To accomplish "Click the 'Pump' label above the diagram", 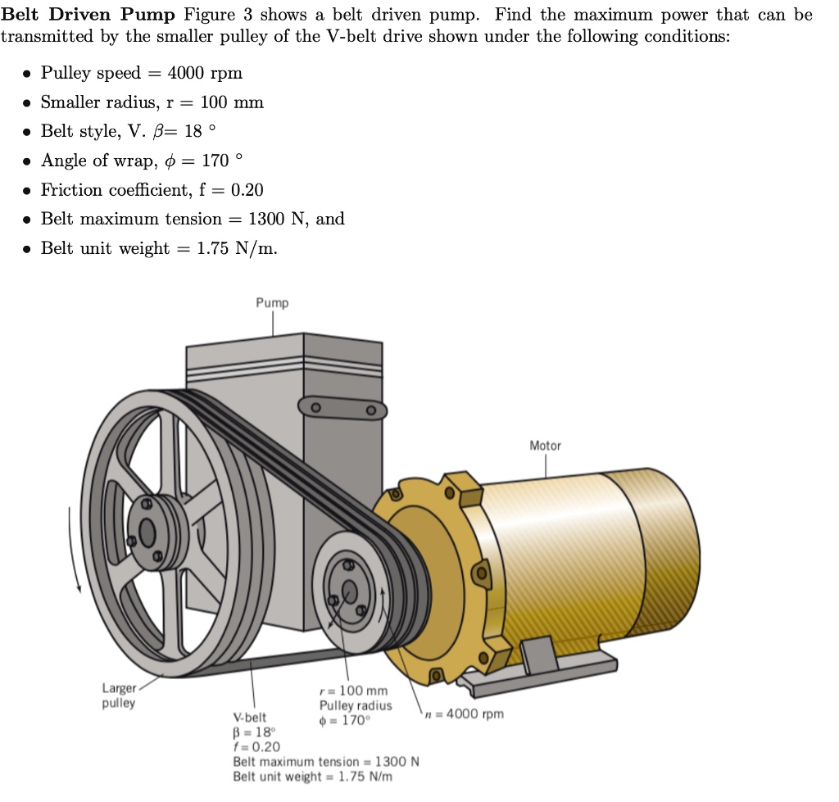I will click(272, 303).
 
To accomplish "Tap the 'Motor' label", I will click(545, 446).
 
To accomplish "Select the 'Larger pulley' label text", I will click(119, 696).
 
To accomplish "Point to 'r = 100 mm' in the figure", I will click(353, 691).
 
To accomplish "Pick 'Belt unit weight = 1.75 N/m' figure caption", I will click(312, 776).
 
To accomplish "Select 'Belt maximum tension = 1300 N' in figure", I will click(326, 761).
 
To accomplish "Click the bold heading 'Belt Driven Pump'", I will click(88, 16).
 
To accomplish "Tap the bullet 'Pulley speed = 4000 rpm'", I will click(142, 73).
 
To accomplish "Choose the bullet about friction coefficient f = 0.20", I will click(152, 190).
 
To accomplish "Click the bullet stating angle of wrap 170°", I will click(142, 161).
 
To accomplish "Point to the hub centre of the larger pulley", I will click(147, 532).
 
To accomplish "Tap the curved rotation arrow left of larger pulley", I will click(74, 549).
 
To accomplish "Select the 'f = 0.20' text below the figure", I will click(256, 746).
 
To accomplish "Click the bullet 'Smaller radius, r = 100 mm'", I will click(152, 102).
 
